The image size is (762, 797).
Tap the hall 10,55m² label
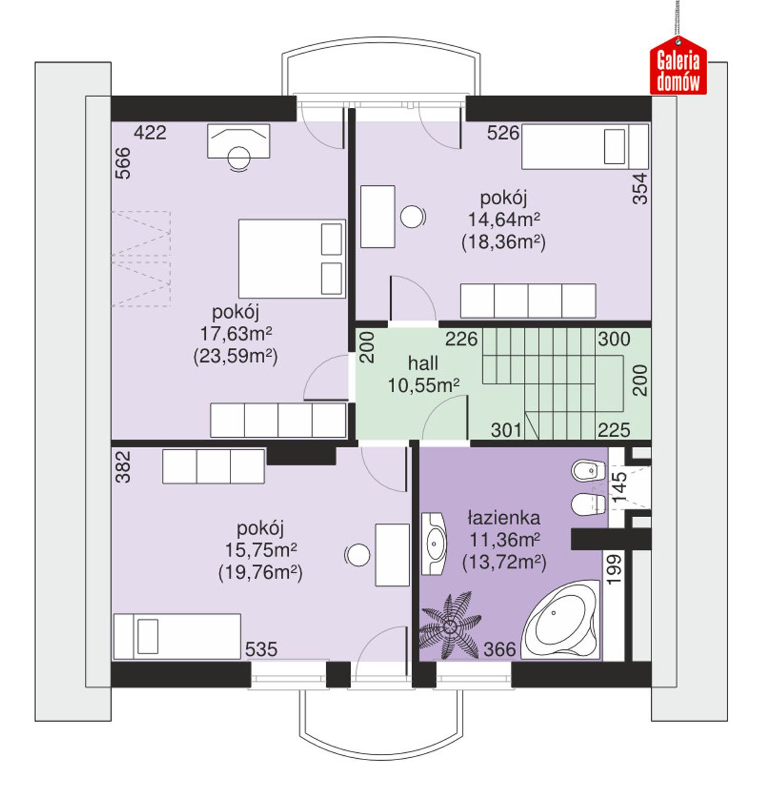pyautogui.click(x=423, y=374)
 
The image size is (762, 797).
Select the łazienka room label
pyautogui.click(x=504, y=518)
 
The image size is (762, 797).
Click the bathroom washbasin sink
pyautogui.click(x=434, y=544)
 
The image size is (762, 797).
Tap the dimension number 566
pyautogui.click(x=123, y=163)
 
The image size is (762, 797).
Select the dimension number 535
pyautogui.click(x=261, y=649)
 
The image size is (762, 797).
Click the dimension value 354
pyautogui.click(x=639, y=188)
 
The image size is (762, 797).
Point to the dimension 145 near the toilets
pyautogui.click(x=619, y=487)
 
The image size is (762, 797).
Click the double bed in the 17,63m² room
pyautogui.click(x=291, y=259)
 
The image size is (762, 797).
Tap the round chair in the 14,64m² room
pyautogui.click(x=412, y=216)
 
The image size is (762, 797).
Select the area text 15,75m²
pyautogui.click(x=261, y=550)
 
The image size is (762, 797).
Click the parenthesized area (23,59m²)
pyautogui.click(x=235, y=356)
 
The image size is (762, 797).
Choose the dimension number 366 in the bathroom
pyautogui.click(x=499, y=649)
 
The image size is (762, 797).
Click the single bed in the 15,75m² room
pyautogui.click(x=177, y=636)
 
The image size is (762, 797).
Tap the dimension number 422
pyautogui.click(x=150, y=133)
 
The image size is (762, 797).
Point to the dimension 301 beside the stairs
pyautogui.click(x=506, y=430)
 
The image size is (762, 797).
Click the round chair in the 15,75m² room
pyautogui.click(x=358, y=555)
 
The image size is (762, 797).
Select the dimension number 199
pyautogui.click(x=614, y=569)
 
